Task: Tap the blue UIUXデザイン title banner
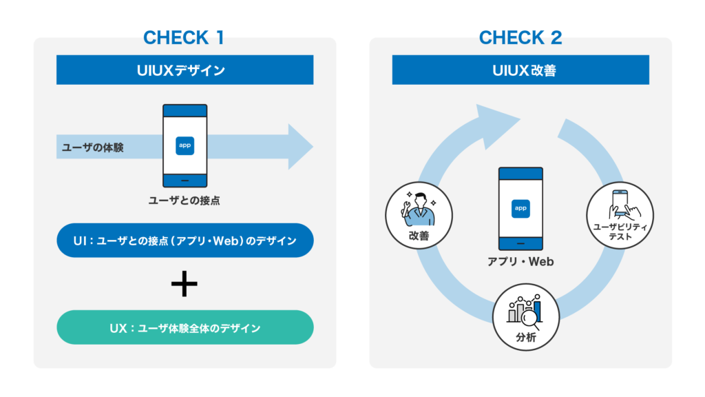(185, 70)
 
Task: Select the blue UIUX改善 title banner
(520, 70)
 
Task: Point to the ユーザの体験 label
(93, 147)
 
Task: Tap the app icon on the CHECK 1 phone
(185, 145)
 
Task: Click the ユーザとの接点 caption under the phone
(185, 201)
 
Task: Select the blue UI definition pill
(185, 241)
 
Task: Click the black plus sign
(185, 284)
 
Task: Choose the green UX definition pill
(185, 327)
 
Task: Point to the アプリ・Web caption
(520, 262)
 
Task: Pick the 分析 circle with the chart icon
(525, 318)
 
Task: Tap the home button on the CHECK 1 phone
(185, 181)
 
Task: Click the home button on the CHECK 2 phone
(520, 243)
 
